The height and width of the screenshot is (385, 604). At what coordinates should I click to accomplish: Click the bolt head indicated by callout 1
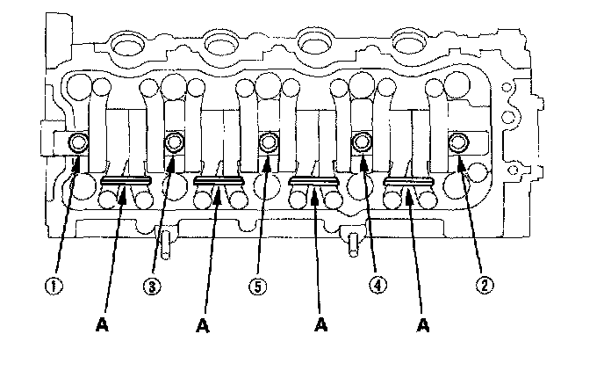click(x=79, y=142)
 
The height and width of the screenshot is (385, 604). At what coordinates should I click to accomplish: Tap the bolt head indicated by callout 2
click(x=458, y=142)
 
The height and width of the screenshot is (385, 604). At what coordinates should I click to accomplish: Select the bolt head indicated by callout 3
click(x=174, y=142)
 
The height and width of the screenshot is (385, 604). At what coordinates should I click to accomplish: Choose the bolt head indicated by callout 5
click(x=269, y=142)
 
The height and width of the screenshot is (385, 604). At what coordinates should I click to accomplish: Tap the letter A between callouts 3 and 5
click(x=203, y=324)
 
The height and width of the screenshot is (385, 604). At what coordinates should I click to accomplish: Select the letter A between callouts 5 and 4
click(x=322, y=324)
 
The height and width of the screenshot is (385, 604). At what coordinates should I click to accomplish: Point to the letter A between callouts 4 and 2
click(x=423, y=324)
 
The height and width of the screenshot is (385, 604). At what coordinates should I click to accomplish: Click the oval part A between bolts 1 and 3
click(x=126, y=181)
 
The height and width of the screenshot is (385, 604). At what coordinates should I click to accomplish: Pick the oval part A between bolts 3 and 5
click(x=218, y=181)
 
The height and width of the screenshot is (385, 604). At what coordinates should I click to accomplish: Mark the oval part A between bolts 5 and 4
click(x=313, y=181)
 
